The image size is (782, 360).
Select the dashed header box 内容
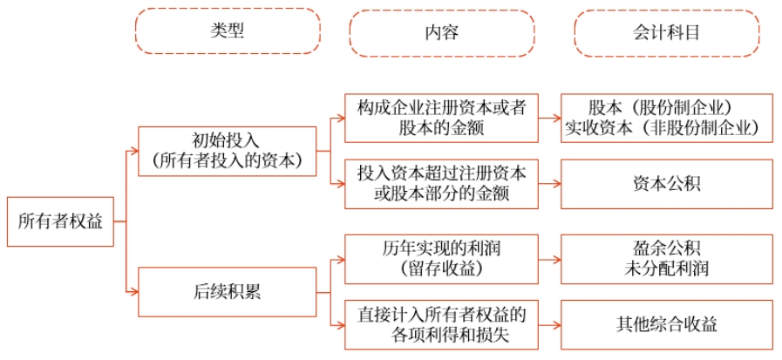tap(441, 33)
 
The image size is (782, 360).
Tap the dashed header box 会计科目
tap(667, 33)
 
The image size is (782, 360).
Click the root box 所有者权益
tap(60, 221)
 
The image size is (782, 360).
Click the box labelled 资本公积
tap(666, 184)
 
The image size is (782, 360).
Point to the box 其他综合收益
tap(666, 324)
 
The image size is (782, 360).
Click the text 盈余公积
tap(666, 249)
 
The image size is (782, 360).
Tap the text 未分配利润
tap(666, 269)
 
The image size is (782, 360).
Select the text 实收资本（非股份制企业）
tap(666, 128)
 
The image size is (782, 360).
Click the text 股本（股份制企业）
tap(666, 107)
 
